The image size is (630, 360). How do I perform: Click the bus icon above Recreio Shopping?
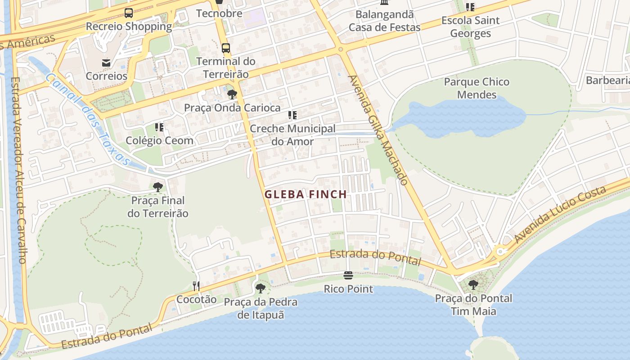(x=129, y=13)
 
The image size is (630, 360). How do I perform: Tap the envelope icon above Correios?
(x=106, y=63)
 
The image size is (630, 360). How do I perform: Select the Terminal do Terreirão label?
(x=225, y=67)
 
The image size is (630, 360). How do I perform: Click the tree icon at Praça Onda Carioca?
(x=232, y=94)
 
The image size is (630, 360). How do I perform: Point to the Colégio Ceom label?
(x=159, y=140)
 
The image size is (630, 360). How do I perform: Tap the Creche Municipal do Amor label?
(x=292, y=135)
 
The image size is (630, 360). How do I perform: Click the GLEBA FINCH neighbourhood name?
(x=306, y=194)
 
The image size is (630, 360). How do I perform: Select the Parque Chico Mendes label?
(x=477, y=88)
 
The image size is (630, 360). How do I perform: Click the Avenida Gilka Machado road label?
(x=378, y=130)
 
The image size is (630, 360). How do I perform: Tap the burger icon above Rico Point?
(x=348, y=275)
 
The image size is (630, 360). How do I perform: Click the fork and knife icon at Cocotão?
(x=196, y=286)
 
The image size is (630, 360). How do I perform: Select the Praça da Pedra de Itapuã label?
(x=261, y=308)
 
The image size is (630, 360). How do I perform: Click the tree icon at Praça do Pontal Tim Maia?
(x=473, y=284)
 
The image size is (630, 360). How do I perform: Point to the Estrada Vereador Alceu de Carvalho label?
(x=18, y=170)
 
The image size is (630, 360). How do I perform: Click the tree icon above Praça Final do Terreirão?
(x=157, y=187)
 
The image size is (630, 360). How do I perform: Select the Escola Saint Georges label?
(x=470, y=27)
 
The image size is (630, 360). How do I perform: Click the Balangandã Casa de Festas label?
(x=384, y=21)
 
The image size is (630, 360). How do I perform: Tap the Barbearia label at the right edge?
(x=607, y=81)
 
